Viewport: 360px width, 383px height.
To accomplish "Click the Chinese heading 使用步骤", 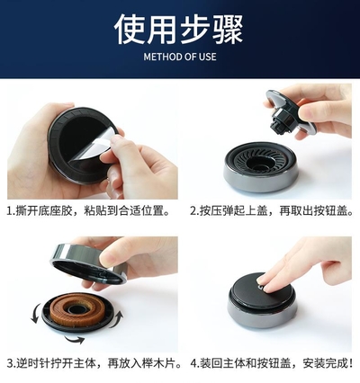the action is [x=178, y=30].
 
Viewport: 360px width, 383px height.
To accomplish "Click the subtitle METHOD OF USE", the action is [x=180, y=57].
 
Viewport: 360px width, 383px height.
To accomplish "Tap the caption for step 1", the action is [x=88, y=210].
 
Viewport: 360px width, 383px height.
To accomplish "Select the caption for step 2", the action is [x=272, y=210].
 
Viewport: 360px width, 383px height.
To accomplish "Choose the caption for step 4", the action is [x=272, y=363].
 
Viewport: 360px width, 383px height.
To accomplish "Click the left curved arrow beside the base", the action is [x=35, y=313].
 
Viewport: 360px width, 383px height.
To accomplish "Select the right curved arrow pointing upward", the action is [x=117, y=319].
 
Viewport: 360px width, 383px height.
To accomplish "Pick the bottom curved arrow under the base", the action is [x=75, y=339].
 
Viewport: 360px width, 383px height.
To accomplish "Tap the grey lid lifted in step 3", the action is [x=90, y=263].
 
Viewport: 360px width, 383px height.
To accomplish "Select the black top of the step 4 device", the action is [x=258, y=289].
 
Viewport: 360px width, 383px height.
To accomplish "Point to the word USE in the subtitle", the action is [x=207, y=57].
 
